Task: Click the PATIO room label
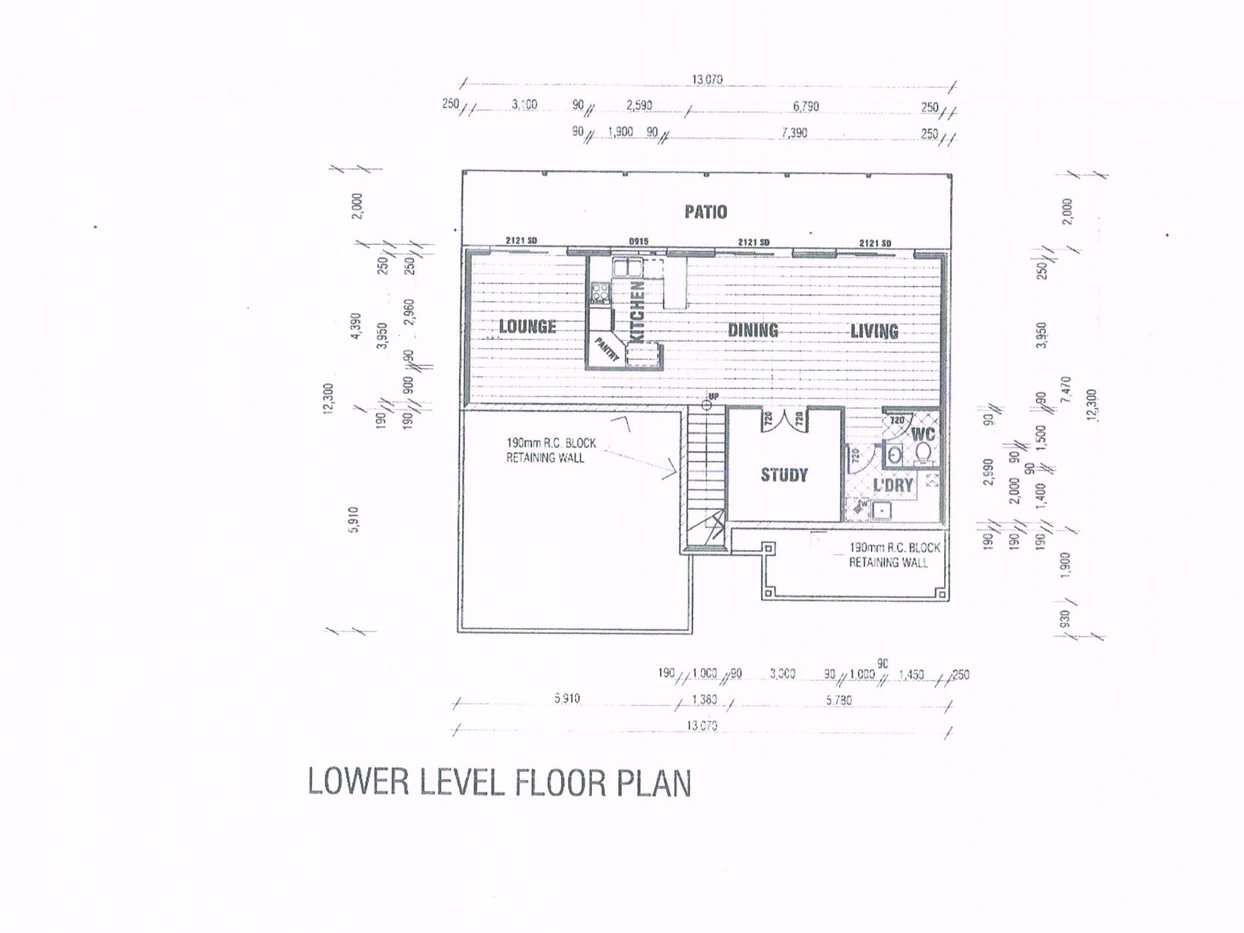(705, 212)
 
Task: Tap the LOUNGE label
(527, 326)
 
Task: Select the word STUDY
(784, 475)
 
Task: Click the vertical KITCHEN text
(637, 311)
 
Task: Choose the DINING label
(753, 330)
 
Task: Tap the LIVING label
(874, 331)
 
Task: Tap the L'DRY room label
(893, 485)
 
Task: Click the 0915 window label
(638, 242)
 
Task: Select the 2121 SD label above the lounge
(521, 241)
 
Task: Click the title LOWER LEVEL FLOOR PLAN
(499, 783)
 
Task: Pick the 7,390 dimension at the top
(794, 133)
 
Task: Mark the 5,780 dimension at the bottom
(839, 700)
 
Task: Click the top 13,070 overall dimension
(706, 80)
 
